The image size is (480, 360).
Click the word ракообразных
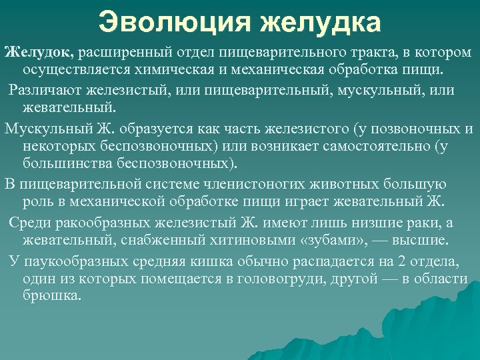[x=99, y=222]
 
